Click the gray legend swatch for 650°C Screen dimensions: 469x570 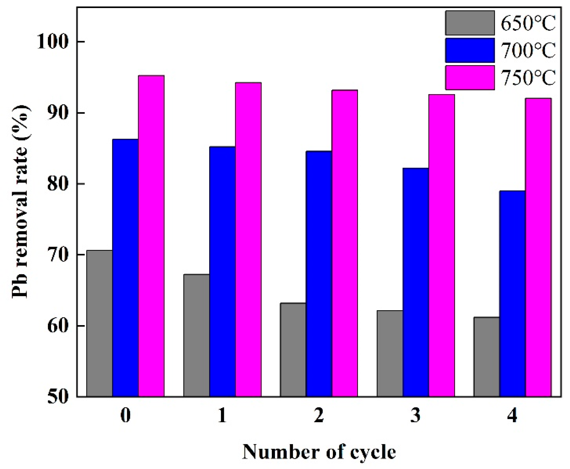tap(470, 23)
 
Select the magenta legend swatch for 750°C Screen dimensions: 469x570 tap(470, 78)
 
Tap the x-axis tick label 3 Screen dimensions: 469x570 tap(416, 415)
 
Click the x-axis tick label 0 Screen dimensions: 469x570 tap(125, 415)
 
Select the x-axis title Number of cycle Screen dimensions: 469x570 tap(319, 452)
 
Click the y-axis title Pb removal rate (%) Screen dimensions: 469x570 tap(21, 201)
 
